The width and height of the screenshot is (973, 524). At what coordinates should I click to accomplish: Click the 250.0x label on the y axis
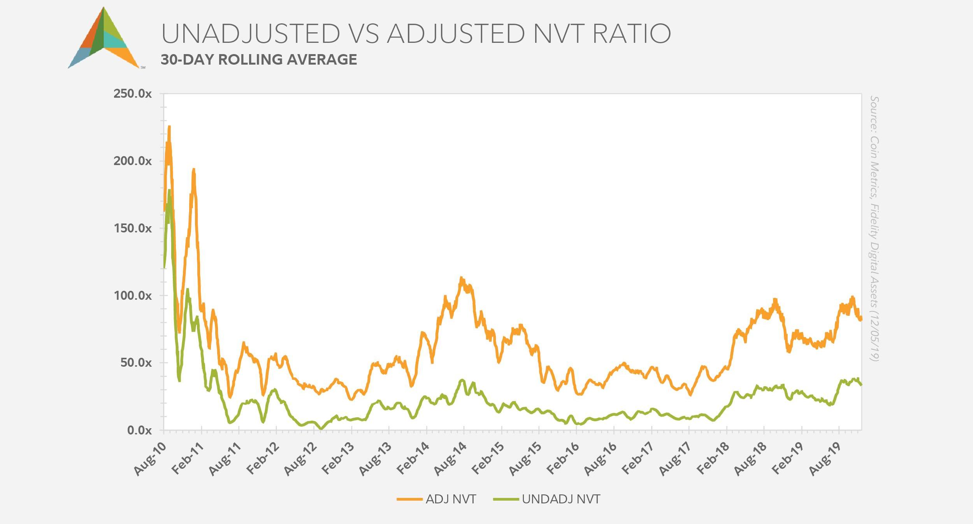[132, 94]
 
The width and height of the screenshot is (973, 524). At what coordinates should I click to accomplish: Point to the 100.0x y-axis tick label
[132, 296]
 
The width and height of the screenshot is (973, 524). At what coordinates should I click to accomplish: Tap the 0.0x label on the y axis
[139, 430]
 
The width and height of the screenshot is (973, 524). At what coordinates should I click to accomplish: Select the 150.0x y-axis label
[132, 229]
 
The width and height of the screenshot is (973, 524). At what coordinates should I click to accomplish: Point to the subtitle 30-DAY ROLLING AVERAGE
[259, 60]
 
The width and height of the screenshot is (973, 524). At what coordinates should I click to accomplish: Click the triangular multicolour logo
[104, 39]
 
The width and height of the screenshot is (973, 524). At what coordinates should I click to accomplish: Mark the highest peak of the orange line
[169, 126]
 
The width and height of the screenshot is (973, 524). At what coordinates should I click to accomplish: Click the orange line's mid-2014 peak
[461, 278]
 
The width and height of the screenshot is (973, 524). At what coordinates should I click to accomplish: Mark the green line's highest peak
[169, 190]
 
